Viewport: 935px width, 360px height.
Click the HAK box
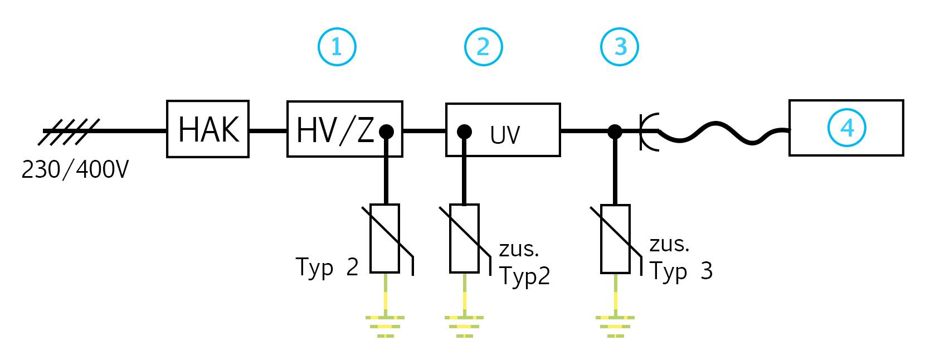(x=208, y=129)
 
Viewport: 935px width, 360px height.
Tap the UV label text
(x=505, y=135)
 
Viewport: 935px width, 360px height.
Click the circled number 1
(x=337, y=47)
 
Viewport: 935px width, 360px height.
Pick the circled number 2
(x=483, y=47)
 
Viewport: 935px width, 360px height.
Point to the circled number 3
(x=620, y=47)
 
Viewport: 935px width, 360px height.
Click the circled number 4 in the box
(x=846, y=128)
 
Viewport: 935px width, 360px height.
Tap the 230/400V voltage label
(x=75, y=170)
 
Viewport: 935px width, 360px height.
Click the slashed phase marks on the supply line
(x=71, y=132)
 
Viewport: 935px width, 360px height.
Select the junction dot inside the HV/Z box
(x=386, y=132)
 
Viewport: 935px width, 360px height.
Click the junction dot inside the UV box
(x=464, y=132)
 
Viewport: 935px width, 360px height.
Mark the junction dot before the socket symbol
(x=615, y=132)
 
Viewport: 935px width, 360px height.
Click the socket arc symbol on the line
(x=648, y=132)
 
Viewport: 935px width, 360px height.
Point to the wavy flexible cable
(x=724, y=135)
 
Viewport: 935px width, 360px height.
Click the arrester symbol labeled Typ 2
(x=385, y=239)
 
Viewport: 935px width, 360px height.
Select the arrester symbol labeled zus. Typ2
(x=464, y=239)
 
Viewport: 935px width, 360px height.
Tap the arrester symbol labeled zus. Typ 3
(x=615, y=239)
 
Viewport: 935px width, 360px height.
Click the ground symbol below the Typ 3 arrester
(x=615, y=326)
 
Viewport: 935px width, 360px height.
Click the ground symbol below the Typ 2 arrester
(x=385, y=326)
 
